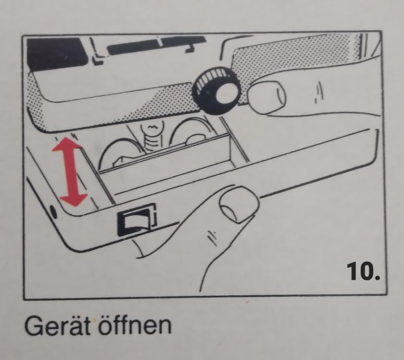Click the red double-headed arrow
tap(70, 172)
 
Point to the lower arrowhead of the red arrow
tap(74, 200)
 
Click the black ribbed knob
tap(216, 90)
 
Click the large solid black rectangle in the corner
tap(57, 54)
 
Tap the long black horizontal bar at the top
tap(156, 45)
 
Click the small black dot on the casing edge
tap(53, 212)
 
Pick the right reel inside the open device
tap(191, 131)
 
